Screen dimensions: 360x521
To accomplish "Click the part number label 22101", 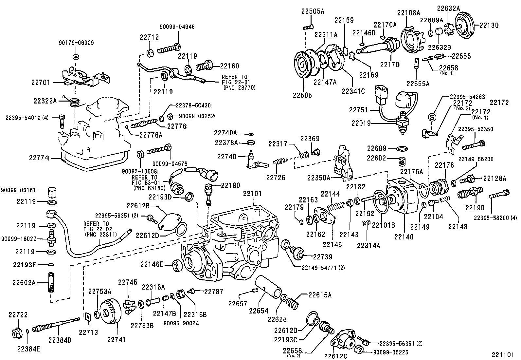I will point(252,194).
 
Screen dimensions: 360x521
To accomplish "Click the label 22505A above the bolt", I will point(313,12).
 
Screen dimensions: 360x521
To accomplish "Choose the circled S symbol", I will point(432,117).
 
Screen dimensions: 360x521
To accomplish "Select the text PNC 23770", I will point(239,88).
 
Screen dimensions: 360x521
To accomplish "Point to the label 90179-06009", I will point(76,43).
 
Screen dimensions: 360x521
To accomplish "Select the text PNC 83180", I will point(149,188).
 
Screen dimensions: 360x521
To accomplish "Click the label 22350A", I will point(318,178).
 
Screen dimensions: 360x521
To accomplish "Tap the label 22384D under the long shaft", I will point(60,340).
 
